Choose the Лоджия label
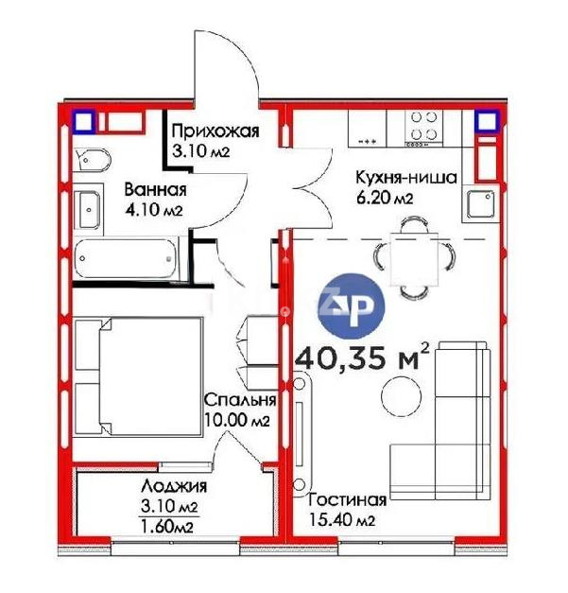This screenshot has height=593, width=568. tap(170, 487)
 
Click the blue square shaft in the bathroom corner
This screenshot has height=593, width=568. tap(83, 121)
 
